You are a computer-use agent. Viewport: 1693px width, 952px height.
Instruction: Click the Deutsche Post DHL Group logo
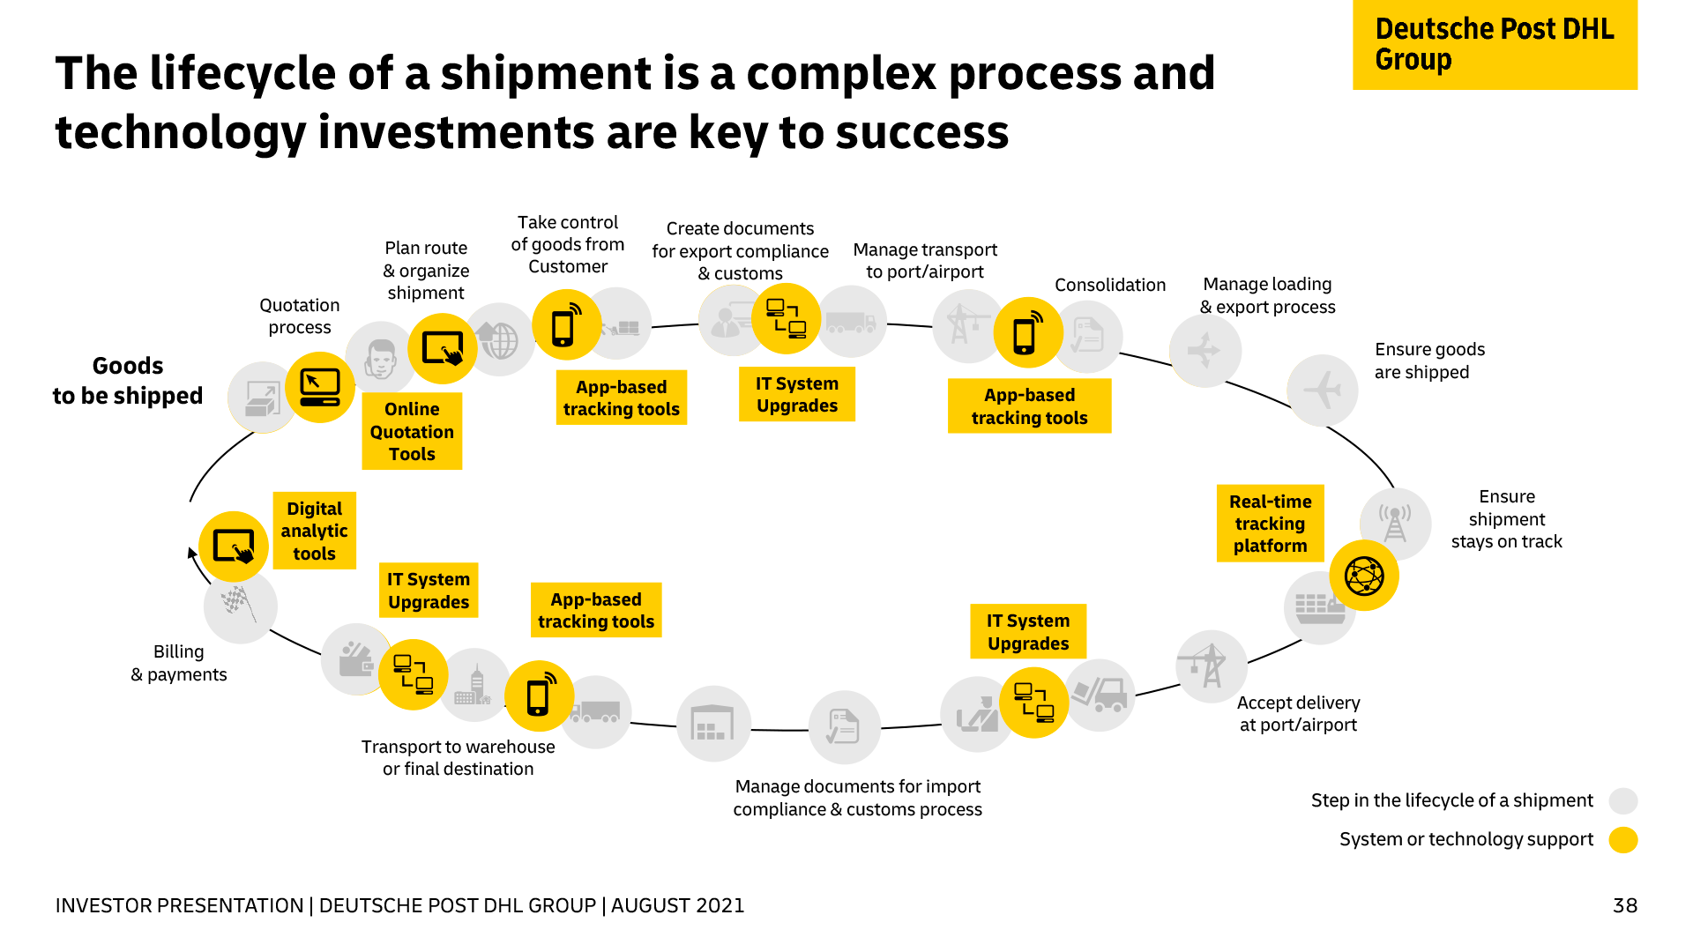click(1495, 44)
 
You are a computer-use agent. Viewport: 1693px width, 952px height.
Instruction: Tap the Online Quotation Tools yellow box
click(412, 432)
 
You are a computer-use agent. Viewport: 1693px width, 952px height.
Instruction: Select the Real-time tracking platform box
click(1270, 524)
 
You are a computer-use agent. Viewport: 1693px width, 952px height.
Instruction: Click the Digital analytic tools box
click(314, 531)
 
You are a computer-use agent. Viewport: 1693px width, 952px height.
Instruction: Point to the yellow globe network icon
click(1364, 576)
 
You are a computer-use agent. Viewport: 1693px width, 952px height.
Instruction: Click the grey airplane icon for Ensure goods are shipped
click(1322, 390)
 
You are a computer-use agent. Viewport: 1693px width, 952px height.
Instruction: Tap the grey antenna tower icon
click(1395, 524)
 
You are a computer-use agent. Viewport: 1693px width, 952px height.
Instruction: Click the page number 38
click(1625, 905)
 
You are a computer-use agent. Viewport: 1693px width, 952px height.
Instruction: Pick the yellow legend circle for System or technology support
click(1623, 839)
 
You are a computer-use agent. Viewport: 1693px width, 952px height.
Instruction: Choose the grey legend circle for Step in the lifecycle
click(1623, 800)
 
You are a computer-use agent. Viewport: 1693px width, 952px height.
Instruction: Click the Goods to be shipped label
click(128, 381)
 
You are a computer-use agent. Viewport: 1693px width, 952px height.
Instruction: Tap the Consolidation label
click(1110, 285)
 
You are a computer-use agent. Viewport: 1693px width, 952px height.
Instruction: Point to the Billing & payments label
click(179, 663)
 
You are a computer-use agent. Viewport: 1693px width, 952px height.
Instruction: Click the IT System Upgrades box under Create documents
click(797, 395)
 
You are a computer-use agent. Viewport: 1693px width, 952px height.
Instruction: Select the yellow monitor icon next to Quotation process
click(319, 388)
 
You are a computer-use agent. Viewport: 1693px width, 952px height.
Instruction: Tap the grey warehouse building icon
click(712, 724)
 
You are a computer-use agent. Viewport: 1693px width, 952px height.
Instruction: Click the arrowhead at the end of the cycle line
click(191, 553)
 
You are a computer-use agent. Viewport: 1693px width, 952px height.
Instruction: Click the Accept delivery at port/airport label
click(1298, 714)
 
